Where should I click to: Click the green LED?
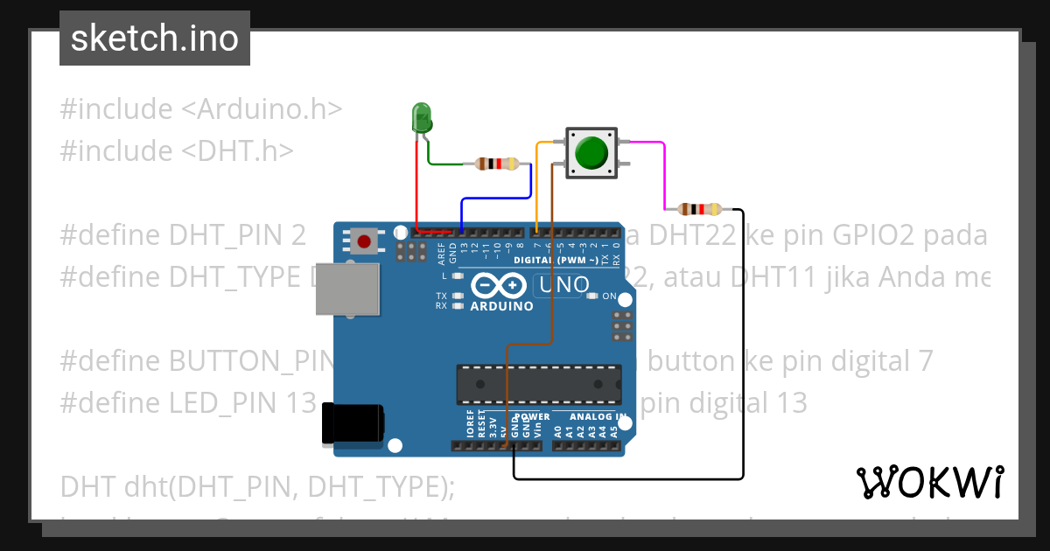422,116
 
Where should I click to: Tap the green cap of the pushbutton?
591,152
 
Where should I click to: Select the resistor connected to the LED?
496,164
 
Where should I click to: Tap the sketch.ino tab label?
155,38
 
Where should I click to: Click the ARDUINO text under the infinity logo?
501,306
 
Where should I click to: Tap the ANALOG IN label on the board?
598,417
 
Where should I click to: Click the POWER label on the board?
532,417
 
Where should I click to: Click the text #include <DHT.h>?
177,151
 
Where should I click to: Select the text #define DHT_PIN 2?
183,235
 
